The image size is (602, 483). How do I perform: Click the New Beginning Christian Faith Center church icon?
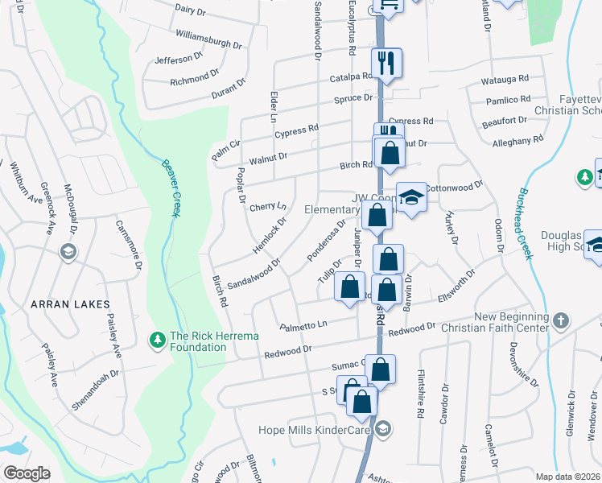(561, 321)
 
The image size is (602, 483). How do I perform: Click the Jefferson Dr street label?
(179, 59)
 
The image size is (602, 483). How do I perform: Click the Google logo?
(27, 473)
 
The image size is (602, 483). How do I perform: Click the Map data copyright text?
(568, 476)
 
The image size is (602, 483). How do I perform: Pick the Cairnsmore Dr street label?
(129, 245)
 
